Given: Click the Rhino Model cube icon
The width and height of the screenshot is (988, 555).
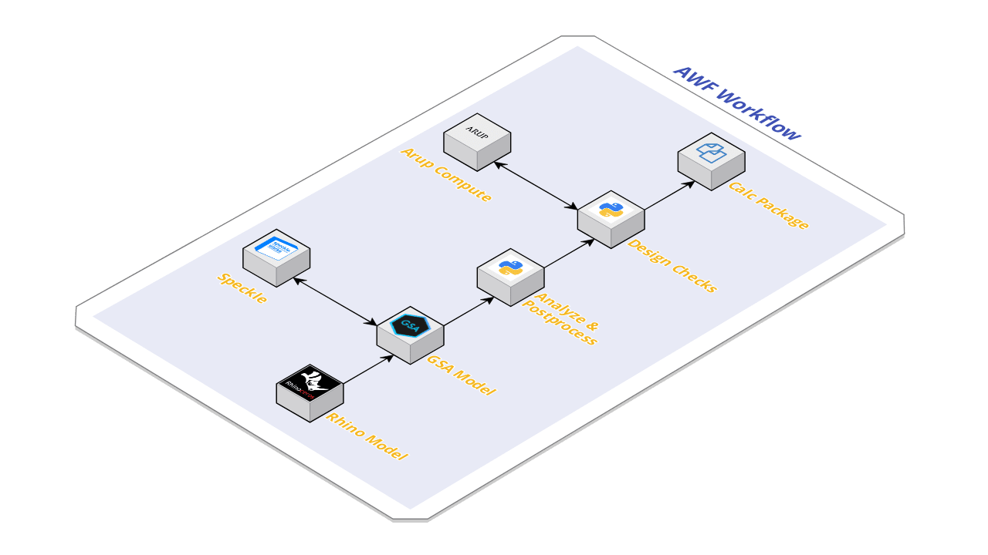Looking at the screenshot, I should click(x=310, y=392).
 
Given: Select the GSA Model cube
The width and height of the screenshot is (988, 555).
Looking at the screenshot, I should click(x=410, y=334).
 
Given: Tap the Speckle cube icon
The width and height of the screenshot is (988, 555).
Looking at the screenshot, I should click(x=276, y=257).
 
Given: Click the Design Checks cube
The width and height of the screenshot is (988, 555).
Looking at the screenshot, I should click(x=611, y=218).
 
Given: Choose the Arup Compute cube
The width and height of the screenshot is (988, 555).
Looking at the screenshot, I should click(x=477, y=141).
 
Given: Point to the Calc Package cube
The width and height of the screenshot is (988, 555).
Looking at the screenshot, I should click(x=711, y=161).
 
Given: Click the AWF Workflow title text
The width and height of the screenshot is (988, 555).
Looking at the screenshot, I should click(x=736, y=103).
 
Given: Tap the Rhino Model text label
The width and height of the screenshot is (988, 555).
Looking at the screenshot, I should click(x=367, y=436).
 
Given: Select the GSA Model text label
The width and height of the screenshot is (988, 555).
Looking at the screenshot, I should click(x=462, y=373).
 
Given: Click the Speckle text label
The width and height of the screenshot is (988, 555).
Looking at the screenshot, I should click(x=242, y=288).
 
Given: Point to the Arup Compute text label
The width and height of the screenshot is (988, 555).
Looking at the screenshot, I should click(x=446, y=174).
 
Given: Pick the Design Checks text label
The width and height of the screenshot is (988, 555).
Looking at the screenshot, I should click(x=672, y=266).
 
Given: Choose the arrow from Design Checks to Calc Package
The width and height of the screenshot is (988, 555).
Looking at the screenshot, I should click(x=669, y=196).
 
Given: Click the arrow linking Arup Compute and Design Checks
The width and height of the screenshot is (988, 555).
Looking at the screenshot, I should click(x=536, y=185).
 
